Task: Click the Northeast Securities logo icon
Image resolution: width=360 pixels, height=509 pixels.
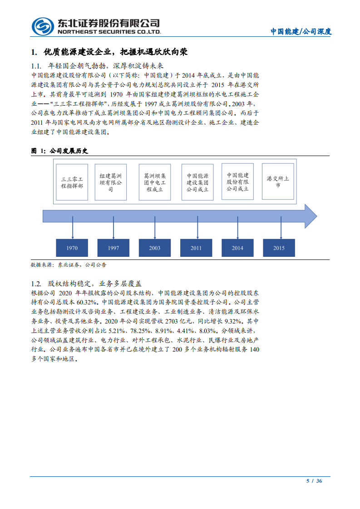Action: coord(42,26)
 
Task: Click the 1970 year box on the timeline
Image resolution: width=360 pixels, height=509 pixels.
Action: coord(72,248)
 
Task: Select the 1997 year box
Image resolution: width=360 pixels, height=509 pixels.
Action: coord(113,248)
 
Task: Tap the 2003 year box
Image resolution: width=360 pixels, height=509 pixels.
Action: coord(155,248)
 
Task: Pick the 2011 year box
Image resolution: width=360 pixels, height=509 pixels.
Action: coord(196,248)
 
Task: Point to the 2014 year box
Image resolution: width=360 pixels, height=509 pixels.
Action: coord(237,248)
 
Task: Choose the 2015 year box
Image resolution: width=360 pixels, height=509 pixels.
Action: coord(279,248)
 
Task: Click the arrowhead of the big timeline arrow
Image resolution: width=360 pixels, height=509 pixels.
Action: coord(310,216)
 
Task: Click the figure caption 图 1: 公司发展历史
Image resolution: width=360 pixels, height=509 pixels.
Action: coord(59,151)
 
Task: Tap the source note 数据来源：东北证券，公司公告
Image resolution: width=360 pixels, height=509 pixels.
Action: coord(69,264)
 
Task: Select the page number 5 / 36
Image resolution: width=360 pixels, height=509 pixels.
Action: coord(314,481)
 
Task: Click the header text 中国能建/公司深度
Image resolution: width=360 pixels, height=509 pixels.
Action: coord(301,32)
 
